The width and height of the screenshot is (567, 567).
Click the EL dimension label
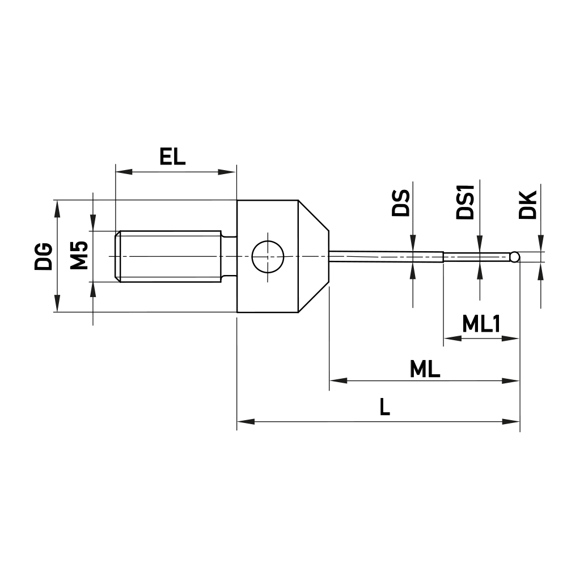click(172, 156)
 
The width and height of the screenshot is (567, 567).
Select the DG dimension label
click(44, 256)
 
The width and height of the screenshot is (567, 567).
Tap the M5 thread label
click(79, 256)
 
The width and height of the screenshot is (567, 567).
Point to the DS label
click(401, 204)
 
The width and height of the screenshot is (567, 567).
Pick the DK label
click(527, 205)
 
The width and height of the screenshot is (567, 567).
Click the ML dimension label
click(425, 370)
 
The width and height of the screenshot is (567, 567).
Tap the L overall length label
click(385, 407)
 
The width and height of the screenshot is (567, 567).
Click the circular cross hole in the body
click(268, 256)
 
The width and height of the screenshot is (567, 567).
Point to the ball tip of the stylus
click(514, 257)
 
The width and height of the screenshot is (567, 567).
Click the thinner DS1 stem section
click(476, 257)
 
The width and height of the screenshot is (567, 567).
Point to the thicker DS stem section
click(386, 256)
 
